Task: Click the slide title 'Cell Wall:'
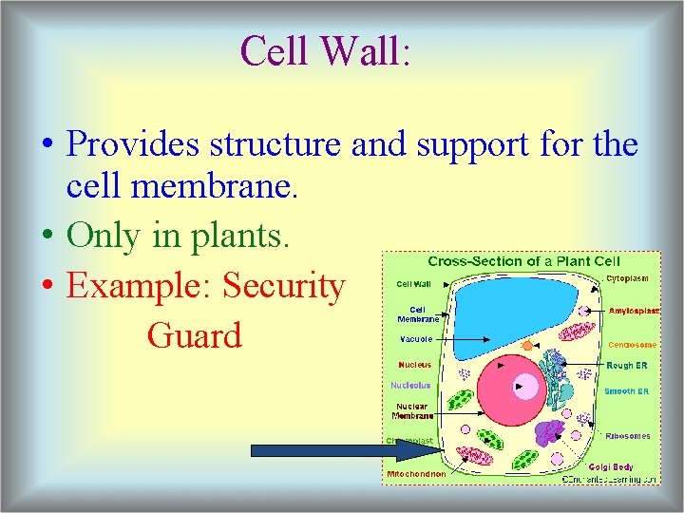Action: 326,50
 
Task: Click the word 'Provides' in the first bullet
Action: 133,144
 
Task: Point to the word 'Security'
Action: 284,285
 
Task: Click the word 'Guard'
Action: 195,334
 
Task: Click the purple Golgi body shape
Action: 550,433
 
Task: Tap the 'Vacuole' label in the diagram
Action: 415,338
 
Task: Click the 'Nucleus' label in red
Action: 414,364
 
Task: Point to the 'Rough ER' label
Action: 627,365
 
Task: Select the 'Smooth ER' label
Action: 627,391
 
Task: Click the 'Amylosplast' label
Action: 634,311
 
